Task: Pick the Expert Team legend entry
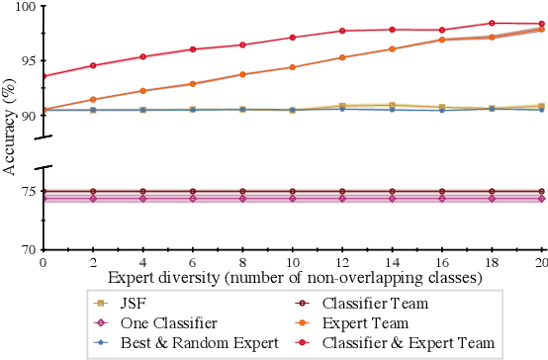tap(362, 322)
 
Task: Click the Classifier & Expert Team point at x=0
tap(43, 76)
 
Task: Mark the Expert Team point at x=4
tap(142, 91)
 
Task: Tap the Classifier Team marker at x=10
tap(293, 191)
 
